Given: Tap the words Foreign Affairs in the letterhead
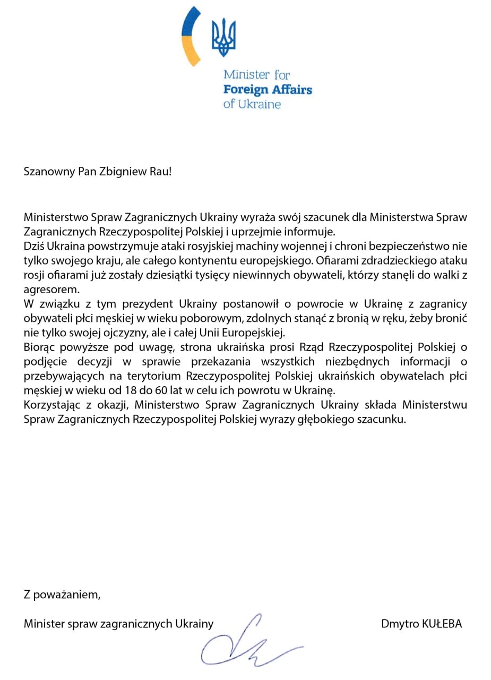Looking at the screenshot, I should [268, 89].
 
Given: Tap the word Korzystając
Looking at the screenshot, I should [51, 405].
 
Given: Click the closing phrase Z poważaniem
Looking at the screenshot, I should [62, 594].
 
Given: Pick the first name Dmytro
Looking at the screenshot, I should [399, 624].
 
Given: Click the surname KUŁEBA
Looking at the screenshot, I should [442, 624].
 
